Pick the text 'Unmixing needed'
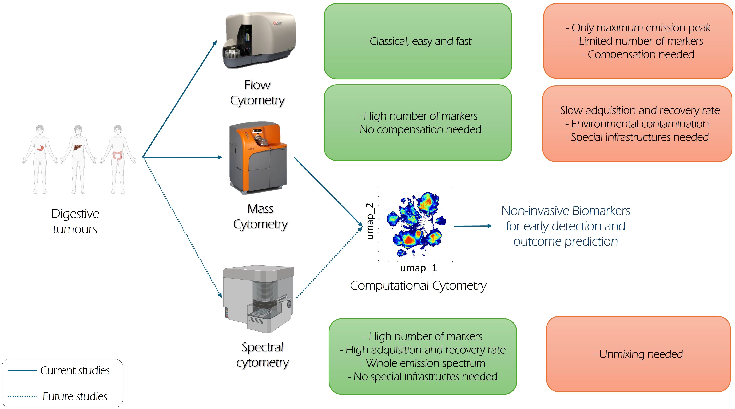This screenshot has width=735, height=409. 638,354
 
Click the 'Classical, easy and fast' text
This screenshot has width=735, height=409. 418,41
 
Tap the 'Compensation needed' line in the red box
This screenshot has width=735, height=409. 638,54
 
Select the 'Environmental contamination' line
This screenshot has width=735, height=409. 637,124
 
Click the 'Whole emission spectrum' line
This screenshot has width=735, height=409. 423,363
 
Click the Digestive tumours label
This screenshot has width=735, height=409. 75,221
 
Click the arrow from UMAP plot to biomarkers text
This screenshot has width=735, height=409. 473,226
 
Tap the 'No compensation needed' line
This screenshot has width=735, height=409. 418,129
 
